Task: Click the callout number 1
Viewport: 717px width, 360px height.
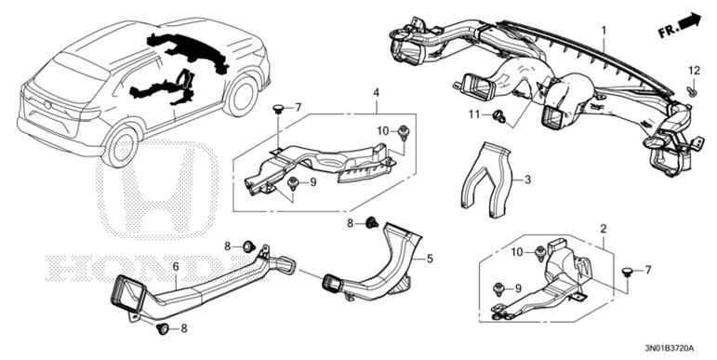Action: (x=604, y=31)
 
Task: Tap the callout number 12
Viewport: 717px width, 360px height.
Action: (x=694, y=71)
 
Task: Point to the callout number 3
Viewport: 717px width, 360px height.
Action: (x=527, y=180)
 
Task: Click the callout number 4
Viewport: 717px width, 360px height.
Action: (x=376, y=93)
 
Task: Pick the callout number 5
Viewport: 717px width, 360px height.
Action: (x=430, y=259)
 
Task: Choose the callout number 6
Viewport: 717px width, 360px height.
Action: (x=176, y=267)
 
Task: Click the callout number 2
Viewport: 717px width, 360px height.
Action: (x=604, y=229)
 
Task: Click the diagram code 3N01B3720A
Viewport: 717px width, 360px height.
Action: (x=669, y=349)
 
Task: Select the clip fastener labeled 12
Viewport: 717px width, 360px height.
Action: (x=692, y=92)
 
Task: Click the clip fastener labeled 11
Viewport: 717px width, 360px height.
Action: (x=498, y=116)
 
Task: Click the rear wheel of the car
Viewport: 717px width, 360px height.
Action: (x=120, y=146)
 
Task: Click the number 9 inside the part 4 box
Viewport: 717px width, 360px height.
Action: (x=313, y=182)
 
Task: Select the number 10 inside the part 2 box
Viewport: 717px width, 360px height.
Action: (x=517, y=251)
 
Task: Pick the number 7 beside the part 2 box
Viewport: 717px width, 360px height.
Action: (x=647, y=271)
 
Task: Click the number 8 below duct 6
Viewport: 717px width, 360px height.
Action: (x=184, y=328)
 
